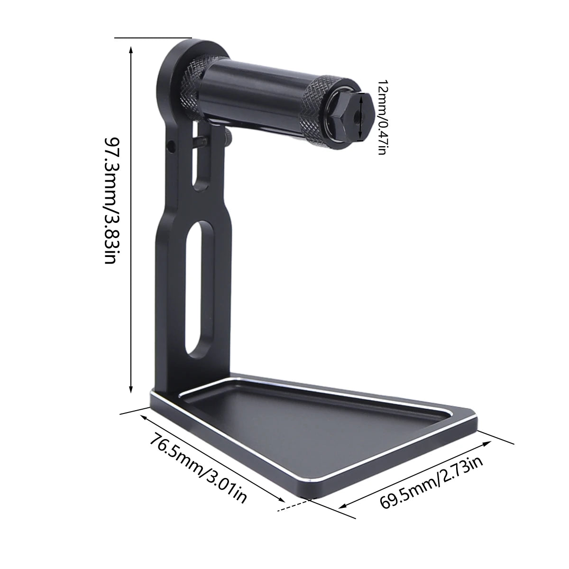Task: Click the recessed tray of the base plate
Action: pyautogui.click(x=303, y=427)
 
